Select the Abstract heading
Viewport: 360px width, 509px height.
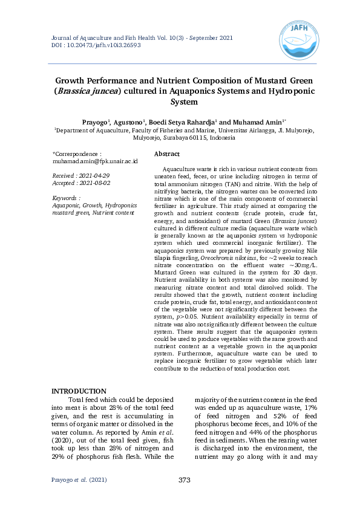(x=167, y=154)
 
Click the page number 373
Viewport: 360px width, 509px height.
(x=185, y=480)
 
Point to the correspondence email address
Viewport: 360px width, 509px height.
(x=95, y=161)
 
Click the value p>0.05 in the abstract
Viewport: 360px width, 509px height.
(x=203, y=316)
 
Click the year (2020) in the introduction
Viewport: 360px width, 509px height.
(x=64, y=441)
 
